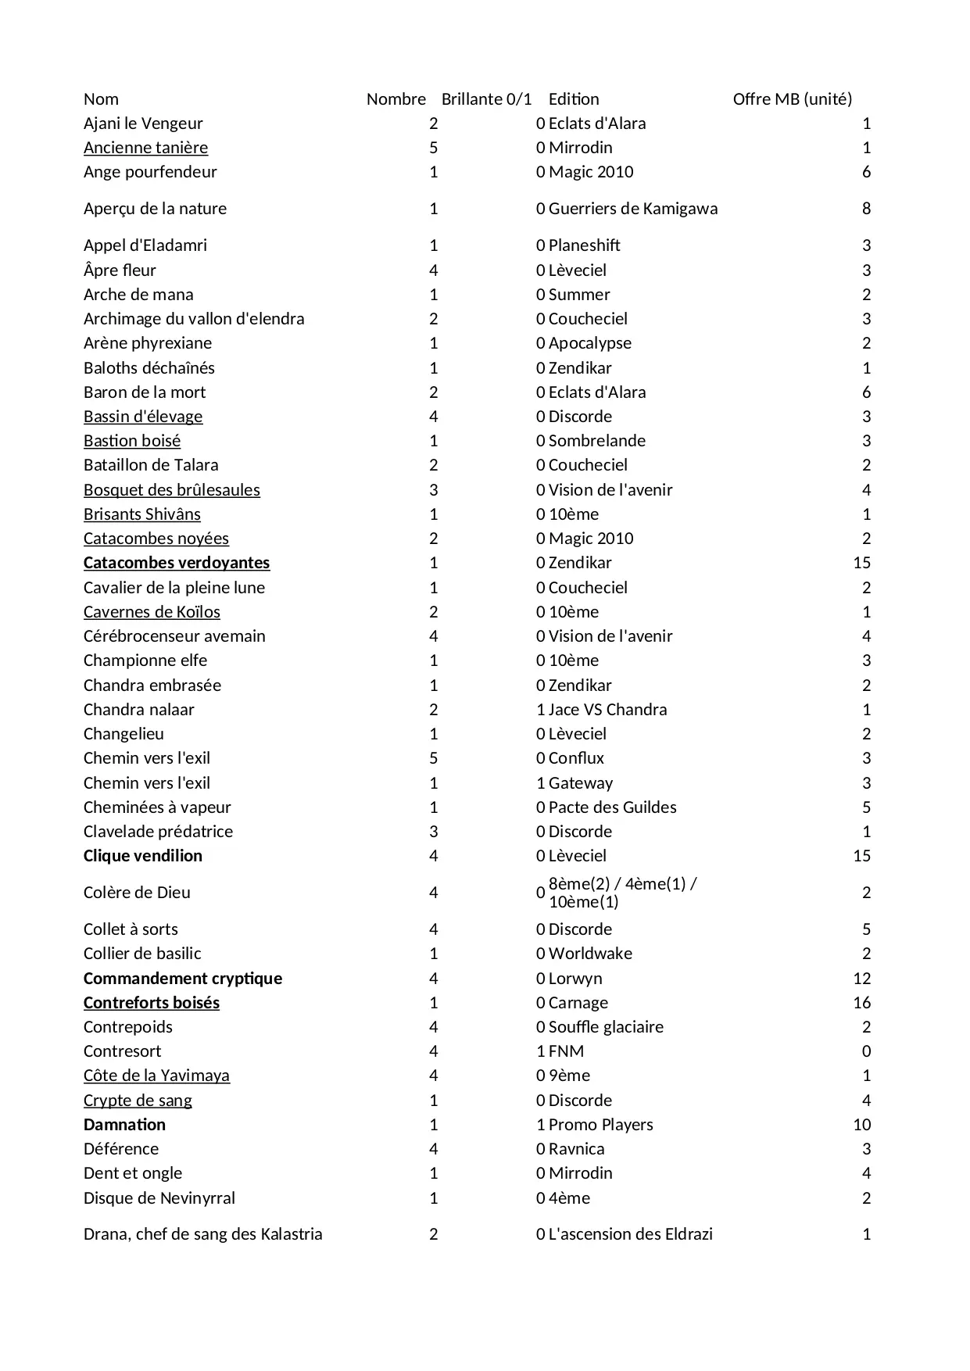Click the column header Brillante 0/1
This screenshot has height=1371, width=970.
tap(486, 99)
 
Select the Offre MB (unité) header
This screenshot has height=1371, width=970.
tap(792, 99)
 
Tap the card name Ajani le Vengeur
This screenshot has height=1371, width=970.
tap(143, 123)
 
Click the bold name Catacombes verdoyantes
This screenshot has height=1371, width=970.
tap(177, 563)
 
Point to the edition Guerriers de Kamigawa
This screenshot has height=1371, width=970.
tap(633, 209)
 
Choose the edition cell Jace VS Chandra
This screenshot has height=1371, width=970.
tap(607, 710)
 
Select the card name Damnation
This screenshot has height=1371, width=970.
tap(124, 1125)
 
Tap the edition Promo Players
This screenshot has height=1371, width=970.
tap(600, 1125)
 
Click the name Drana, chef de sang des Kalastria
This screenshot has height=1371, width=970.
tap(202, 1234)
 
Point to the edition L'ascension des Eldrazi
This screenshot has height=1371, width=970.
tap(630, 1234)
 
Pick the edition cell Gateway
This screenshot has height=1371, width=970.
tap(581, 783)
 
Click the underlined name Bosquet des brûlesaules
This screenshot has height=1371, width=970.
tap(172, 490)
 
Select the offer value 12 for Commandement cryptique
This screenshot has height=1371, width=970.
tap(861, 979)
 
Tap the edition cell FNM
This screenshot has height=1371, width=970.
tap(566, 1051)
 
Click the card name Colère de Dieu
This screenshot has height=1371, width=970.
tap(137, 893)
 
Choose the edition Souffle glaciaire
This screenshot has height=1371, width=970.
tap(606, 1027)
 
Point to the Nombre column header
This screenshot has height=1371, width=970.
tap(396, 99)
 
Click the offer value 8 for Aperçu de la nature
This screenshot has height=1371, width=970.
tap(866, 209)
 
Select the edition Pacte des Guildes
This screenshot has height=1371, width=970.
tap(612, 807)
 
